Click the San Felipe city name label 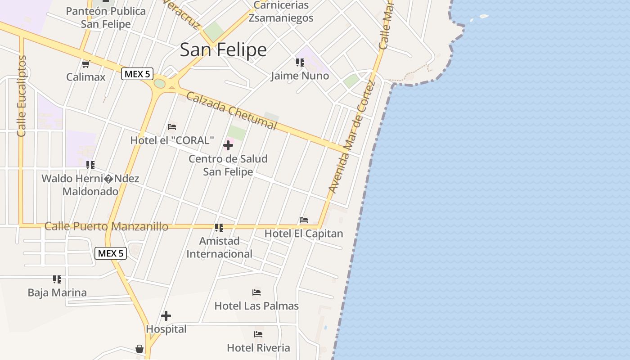[223, 49]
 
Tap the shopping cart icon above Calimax [86, 64]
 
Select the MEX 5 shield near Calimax [137, 74]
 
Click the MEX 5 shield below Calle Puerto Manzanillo [111, 253]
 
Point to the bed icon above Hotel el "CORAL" [172, 127]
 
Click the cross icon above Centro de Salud [228, 145]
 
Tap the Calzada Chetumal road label [231, 111]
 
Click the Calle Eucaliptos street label [22, 96]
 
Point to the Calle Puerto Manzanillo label [106, 226]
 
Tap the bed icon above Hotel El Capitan [304, 220]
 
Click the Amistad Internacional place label [220, 247]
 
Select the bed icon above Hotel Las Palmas [256, 292]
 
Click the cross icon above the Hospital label [166, 316]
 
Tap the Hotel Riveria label [258, 347]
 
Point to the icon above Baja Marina [57, 279]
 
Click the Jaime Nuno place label [300, 76]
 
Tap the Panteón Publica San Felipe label [106, 18]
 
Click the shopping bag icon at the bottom [139, 349]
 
